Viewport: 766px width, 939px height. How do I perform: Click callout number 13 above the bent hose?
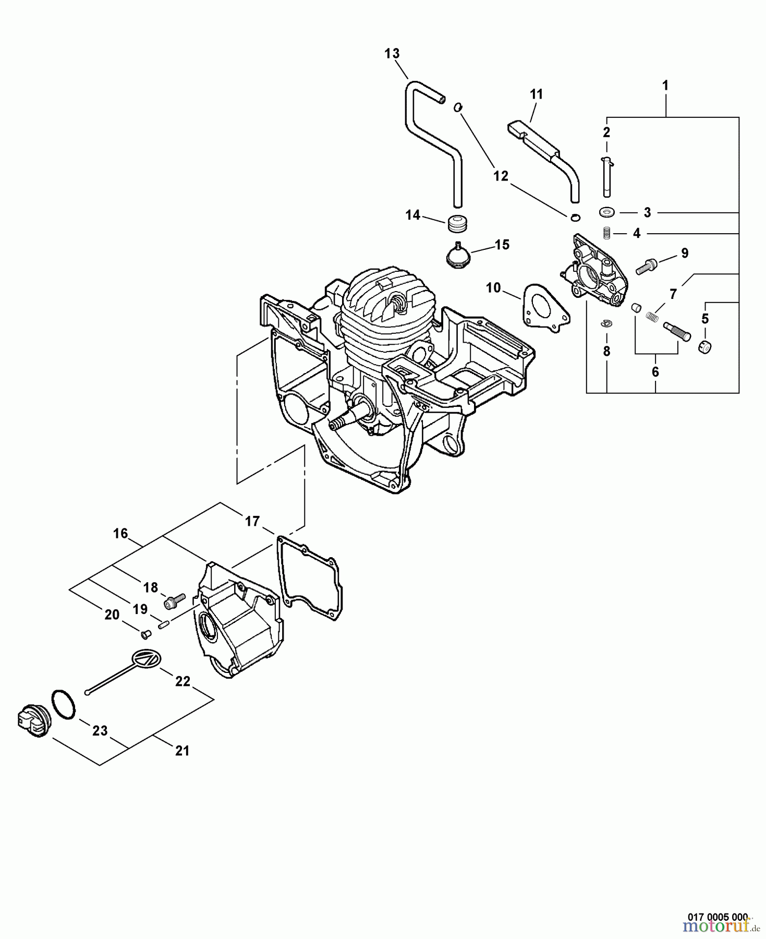(392, 53)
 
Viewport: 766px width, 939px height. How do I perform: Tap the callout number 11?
(536, 94)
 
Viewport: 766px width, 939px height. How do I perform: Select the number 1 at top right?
(665, 85)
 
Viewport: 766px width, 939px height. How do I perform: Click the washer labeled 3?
(606, 212)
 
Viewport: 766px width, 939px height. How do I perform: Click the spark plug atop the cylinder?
(397, 303)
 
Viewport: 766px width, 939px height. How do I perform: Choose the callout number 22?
(183, 681)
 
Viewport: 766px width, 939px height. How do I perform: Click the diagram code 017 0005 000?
(718, 917)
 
